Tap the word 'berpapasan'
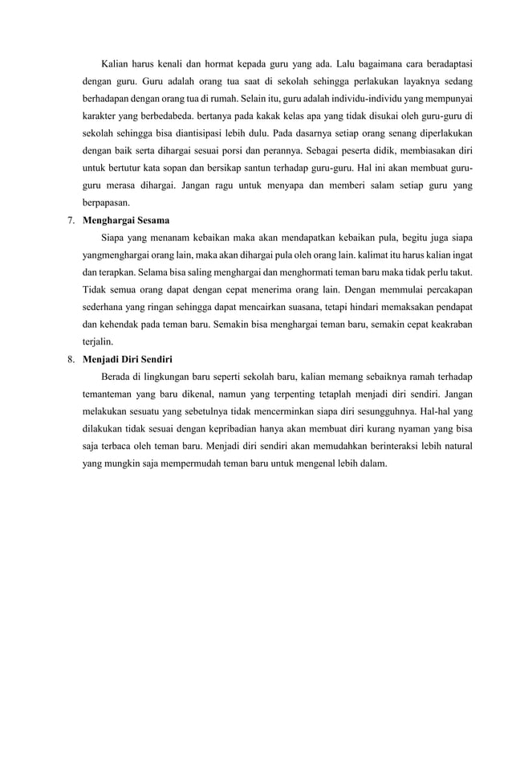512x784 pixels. click(x=106, y=203)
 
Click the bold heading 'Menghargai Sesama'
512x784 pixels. click(x=126, y=220)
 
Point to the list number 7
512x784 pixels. click(x=71, y=220)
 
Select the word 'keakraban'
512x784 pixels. click(x=446, y=325)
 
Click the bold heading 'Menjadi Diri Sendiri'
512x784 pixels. click(x=128, y=360)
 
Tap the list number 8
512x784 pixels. click(x=71, y=360)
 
